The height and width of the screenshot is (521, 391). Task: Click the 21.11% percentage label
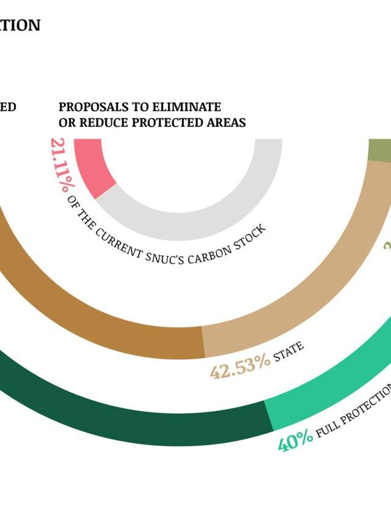[x=59, y=164]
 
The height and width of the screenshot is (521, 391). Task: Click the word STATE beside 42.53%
[x=288, y=352]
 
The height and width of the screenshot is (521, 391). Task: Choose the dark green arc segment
[x=153, y=421]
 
